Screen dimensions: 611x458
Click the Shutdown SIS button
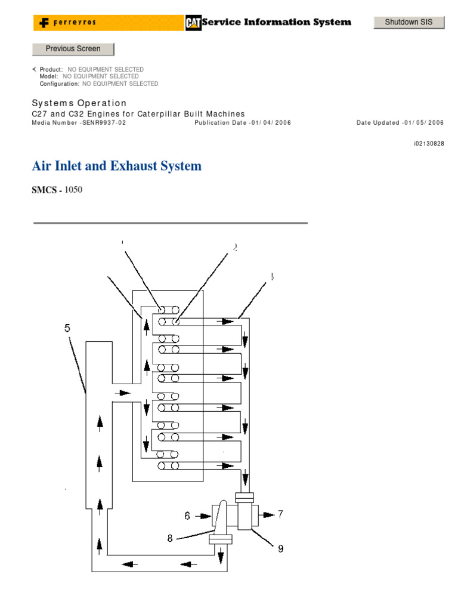point(409,22)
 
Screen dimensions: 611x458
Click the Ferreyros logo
point(69,23)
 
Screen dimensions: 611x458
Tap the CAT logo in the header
point(193,22)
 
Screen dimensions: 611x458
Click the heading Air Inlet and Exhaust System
point(116,166)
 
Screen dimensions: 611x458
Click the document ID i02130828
point(429,144)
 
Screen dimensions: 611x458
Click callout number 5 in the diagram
point(67,328)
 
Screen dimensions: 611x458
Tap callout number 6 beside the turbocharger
point(187,514)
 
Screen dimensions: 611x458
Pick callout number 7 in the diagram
point(280,514)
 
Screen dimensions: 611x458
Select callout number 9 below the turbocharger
point(280,548)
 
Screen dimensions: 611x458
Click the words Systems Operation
point(79,103)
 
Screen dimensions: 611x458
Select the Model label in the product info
point(49,76)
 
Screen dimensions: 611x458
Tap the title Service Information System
point(277,22)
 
